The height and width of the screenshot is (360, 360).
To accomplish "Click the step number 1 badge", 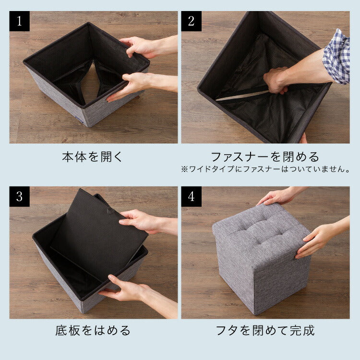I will point(20,22).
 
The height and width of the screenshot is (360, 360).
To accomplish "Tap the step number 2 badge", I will point(192,22).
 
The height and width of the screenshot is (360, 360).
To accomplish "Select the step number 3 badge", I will point(20,197).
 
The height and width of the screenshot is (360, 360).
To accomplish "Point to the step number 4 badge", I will point(192,197).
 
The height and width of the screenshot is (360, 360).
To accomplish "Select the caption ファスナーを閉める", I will point(265,157).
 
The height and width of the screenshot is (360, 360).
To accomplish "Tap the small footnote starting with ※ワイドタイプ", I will point(265,169).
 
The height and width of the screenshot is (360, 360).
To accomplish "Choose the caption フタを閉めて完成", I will point(265,331).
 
